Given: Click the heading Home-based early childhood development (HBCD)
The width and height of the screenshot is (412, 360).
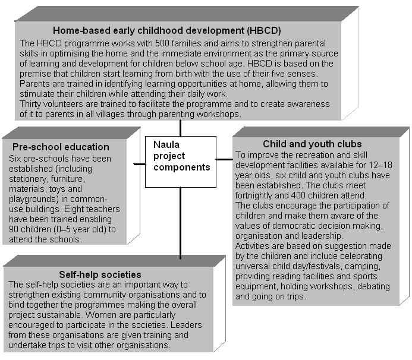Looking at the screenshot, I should click(166, 30).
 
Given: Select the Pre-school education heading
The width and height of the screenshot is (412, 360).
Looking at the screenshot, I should click(61, 147).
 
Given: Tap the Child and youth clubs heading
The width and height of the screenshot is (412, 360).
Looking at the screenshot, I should click(312, 144).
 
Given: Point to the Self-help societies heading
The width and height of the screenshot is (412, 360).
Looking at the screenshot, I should click(100, 274).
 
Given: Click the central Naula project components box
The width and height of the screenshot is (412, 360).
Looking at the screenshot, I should click(180, 161).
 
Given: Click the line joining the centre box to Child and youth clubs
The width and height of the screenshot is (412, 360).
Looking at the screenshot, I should click(224, 159).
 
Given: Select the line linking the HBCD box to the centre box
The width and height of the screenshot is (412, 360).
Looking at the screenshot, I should click(180, 128).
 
